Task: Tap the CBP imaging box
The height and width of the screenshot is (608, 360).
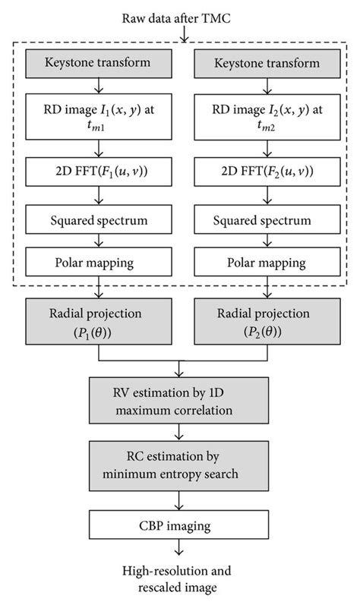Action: [x=180, y=524]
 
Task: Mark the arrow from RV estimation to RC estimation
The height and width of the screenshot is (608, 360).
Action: [x=180, y=433]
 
